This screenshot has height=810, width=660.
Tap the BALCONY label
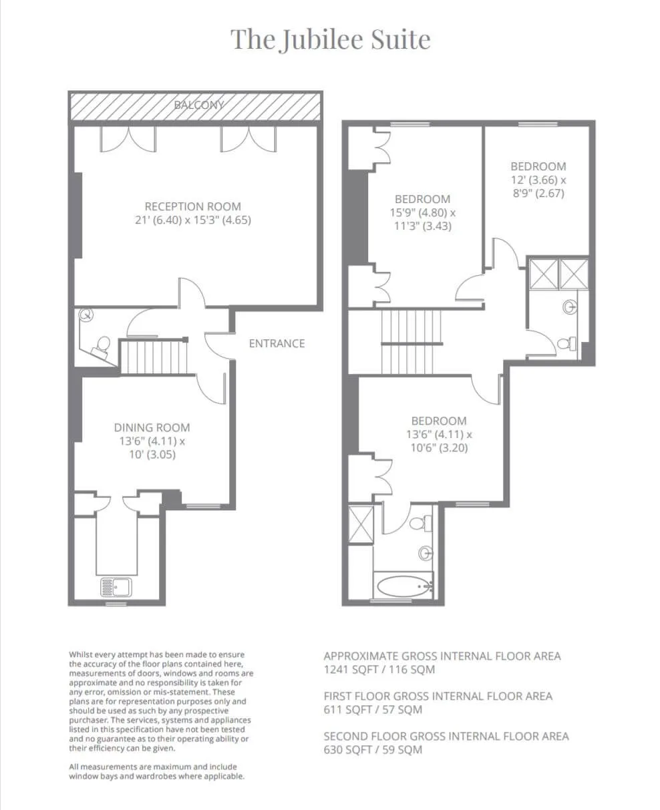[198, 105]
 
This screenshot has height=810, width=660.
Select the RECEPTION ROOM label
[193, 206]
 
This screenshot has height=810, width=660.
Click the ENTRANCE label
[277, 343]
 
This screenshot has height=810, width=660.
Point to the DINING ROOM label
[152, 427]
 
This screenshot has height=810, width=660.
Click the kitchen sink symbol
[116, 587]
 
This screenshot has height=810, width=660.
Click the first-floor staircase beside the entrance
[154, 357]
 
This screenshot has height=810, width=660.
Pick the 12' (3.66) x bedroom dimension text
[538, 180]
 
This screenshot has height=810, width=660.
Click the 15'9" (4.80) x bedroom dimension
[423, 212]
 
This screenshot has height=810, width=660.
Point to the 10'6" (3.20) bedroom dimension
[439, 447]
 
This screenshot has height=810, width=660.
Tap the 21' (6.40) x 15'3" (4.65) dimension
[193, 220]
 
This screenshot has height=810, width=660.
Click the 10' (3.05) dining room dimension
[152, 455]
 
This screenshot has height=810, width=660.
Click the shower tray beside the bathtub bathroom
[361, 524]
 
